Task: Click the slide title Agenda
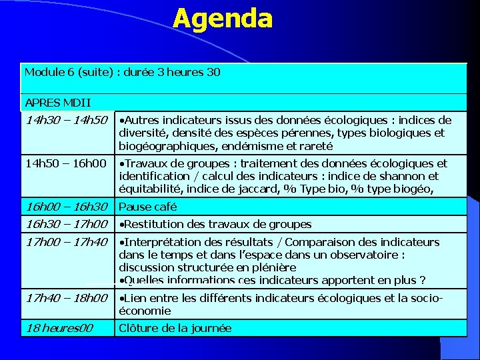coord(223,19)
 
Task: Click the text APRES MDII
coord(57,103)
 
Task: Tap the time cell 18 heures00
coord(59,328)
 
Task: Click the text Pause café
coord(147,207)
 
